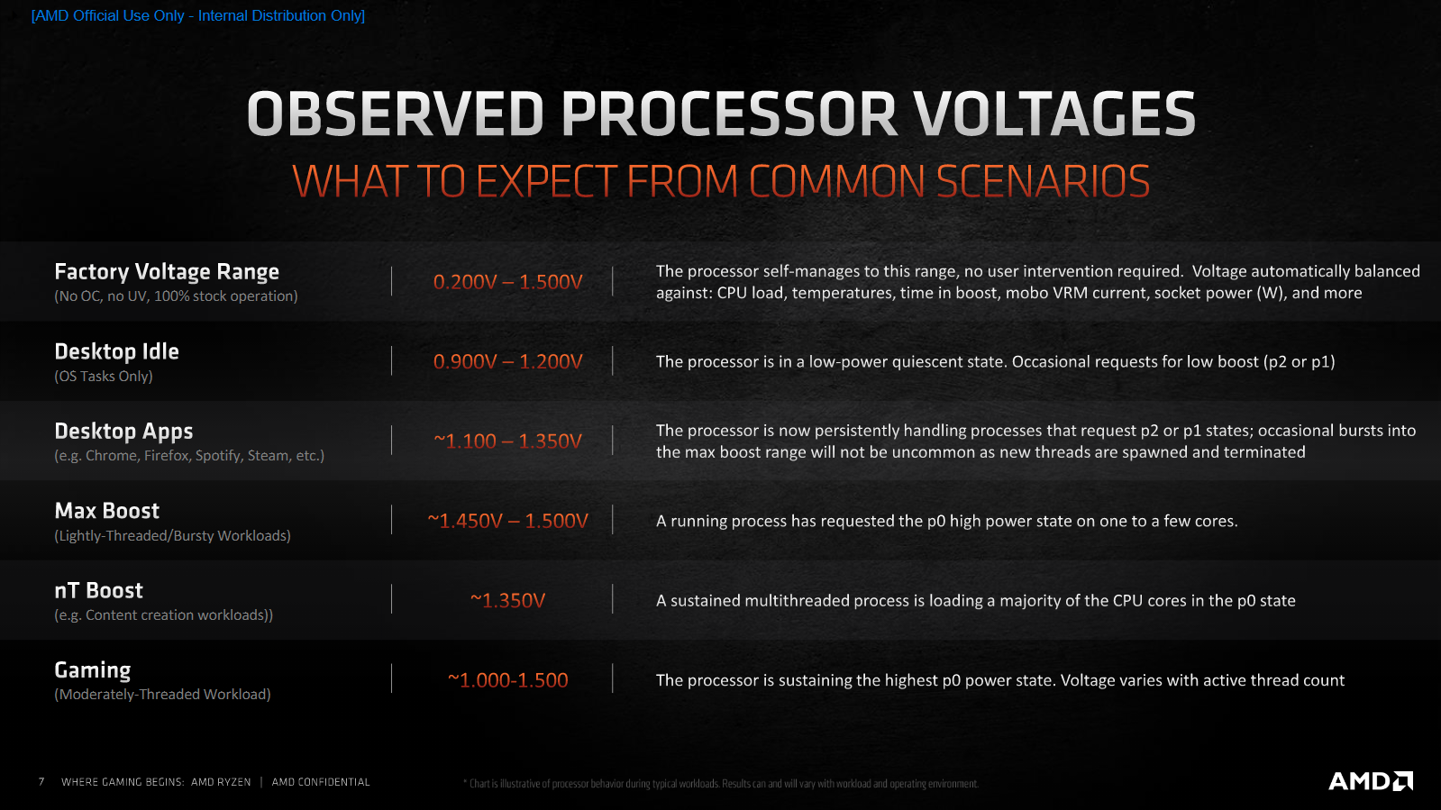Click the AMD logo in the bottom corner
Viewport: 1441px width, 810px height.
click(1370, 780)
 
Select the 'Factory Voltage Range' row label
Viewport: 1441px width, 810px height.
click(167, 272)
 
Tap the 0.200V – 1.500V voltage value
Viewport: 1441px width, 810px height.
click(507, 282)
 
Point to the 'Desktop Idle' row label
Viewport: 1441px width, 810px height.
click(116, 351)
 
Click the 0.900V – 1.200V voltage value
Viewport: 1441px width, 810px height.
click(507, 361)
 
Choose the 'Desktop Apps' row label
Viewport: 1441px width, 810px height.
click(123, 431)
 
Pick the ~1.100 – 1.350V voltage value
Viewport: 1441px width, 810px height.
click(507, 441)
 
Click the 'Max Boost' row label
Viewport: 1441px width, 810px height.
click(106, 511)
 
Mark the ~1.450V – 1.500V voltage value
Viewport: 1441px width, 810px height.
click(507, 521)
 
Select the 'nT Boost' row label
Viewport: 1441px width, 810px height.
click(98, 591)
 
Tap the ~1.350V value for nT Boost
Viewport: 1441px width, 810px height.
click(507, 600)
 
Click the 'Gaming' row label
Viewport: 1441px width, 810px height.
click(93, 670)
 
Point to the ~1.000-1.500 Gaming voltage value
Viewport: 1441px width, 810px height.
click(507, 680)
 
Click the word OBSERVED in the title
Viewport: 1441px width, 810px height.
click(396, 114)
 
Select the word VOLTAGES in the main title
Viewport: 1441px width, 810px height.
click(1054, 114)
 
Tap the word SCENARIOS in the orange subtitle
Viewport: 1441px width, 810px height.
click(1043, 181)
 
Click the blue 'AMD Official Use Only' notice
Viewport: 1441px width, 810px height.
click(198, 15)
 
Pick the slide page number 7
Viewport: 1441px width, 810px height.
click(41, 782)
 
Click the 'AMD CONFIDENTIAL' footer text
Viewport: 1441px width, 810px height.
click(320, 782)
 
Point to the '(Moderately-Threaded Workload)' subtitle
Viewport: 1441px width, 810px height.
click(162, 694)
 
